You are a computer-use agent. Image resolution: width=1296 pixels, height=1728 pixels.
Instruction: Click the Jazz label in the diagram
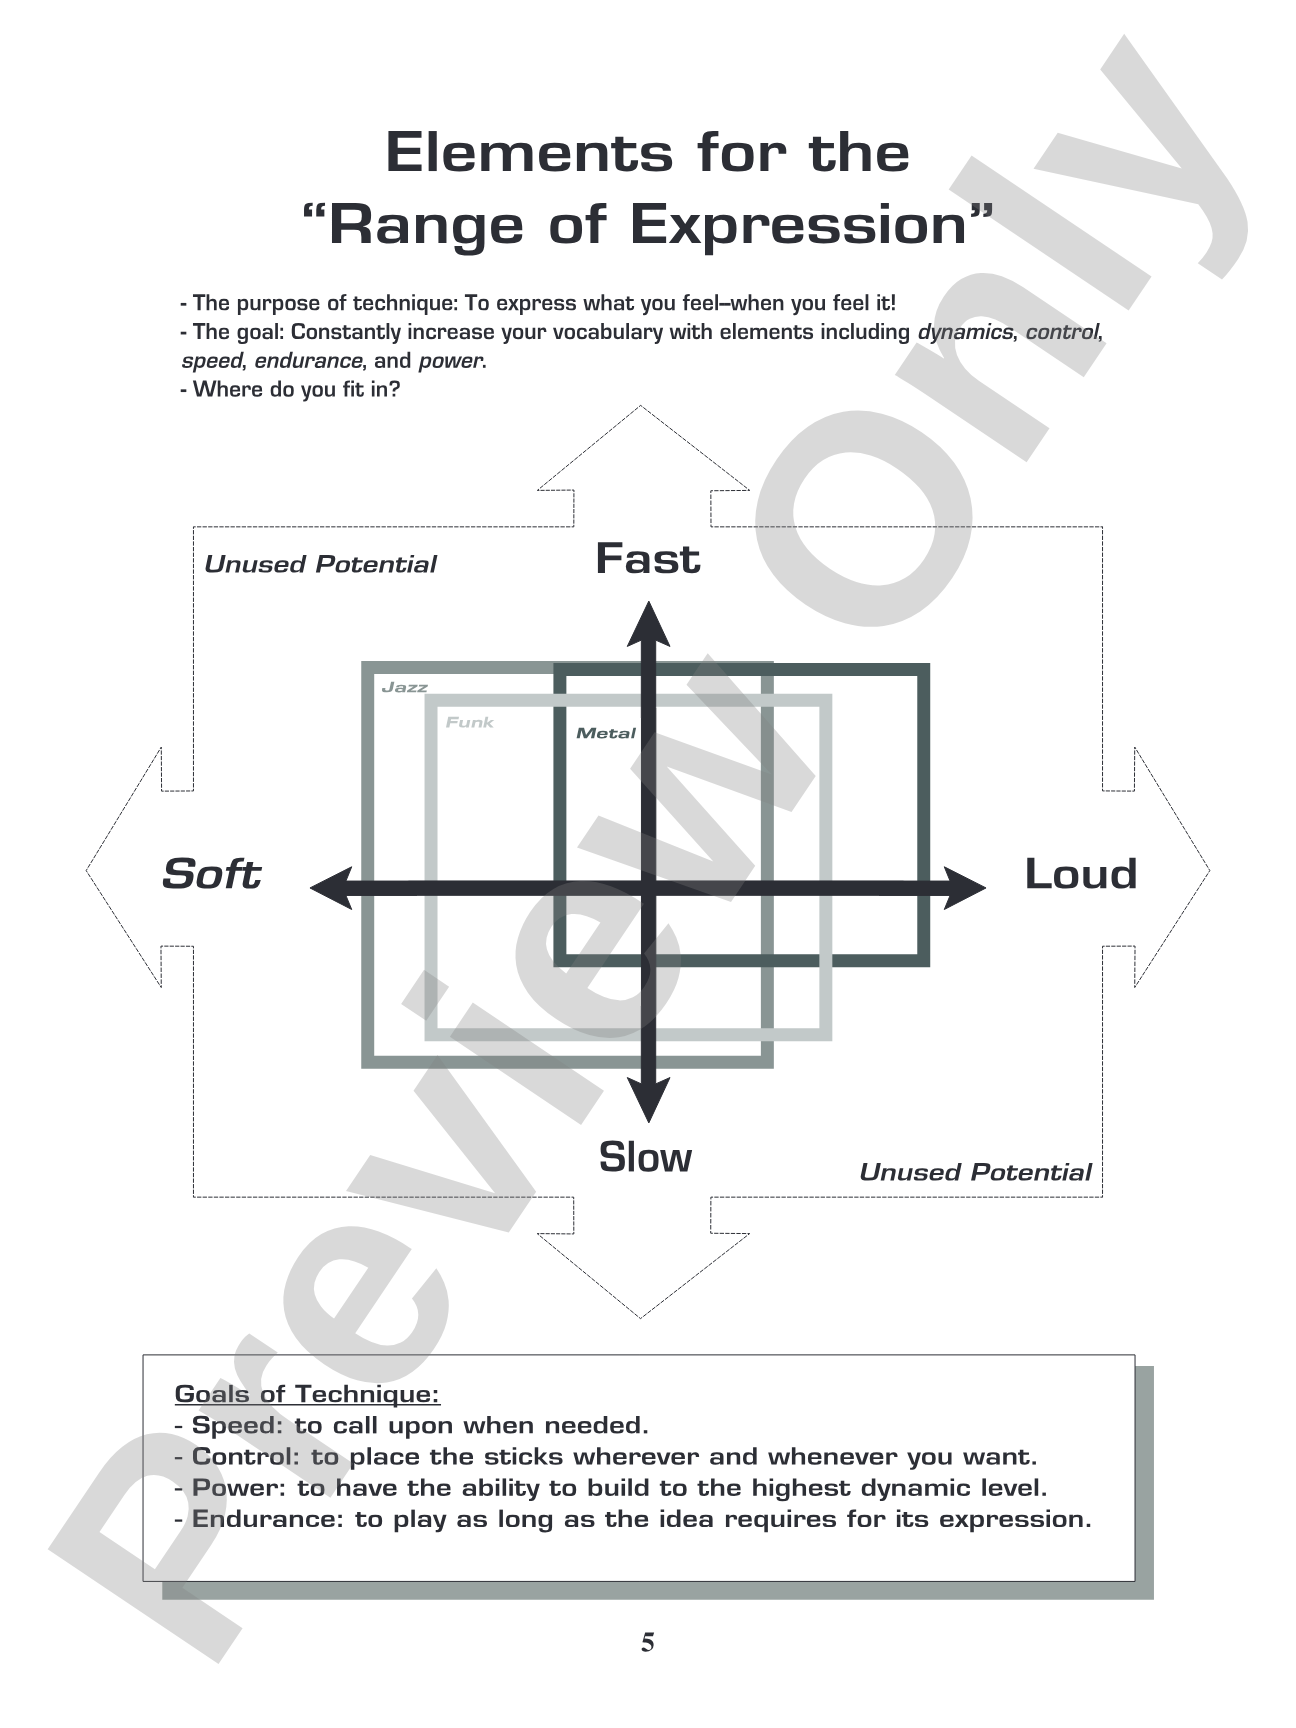[x=405, y=687]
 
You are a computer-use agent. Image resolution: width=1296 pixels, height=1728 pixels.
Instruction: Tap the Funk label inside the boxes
[x=470, y=722]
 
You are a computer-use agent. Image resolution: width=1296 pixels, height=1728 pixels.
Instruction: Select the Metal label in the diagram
[x=606, y=733]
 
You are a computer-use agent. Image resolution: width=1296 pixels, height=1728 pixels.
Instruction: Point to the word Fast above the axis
[x=648, y=558]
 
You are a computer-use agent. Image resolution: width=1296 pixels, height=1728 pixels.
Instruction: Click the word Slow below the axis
[x=645, y=1157]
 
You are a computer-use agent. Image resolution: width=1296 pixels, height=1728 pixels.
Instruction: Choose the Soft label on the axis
[x=211, y=874]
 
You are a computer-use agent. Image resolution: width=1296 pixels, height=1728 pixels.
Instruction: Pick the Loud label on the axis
[x=1081, y=874]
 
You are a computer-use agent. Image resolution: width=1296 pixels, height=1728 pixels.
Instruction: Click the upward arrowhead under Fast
[x=649, y=624]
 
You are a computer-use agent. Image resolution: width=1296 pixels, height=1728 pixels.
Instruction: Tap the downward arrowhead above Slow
[x=649, y=1098]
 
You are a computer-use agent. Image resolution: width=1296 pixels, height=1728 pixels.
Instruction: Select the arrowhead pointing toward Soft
[x=333, y=888]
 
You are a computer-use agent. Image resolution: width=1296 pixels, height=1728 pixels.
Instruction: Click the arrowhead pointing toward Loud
[x=964, y=888]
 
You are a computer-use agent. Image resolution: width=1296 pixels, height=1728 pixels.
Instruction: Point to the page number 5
[x=648, y=1642]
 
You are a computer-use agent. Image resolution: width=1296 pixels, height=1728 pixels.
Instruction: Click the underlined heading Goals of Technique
[x=307, y=1393]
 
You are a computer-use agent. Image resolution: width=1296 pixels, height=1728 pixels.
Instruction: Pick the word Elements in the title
[x=530, y=153]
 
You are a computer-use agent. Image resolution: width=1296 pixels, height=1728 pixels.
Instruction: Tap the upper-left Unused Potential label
[x=320, y=564]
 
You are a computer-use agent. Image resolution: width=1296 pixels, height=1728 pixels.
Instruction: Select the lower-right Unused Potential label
[x=975, y=1172]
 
